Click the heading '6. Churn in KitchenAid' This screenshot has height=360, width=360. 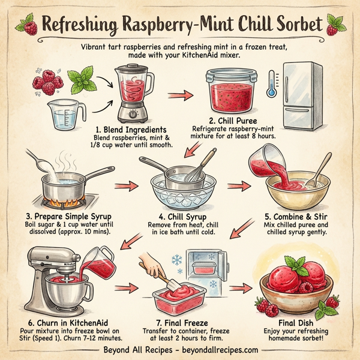62,322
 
